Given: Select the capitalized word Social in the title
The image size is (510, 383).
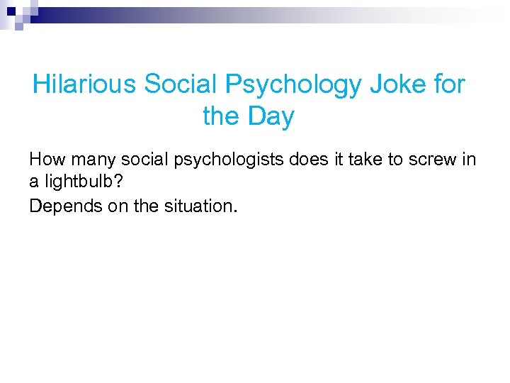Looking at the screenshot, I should (182, 85).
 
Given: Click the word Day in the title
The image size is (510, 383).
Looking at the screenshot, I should (271, 116).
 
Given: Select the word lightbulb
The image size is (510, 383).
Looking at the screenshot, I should (77, 182).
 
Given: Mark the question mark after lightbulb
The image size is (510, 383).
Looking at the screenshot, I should (118, 182).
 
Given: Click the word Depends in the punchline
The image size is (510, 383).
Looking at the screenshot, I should (60, 206).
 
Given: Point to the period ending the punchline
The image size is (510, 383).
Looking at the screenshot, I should (237, 211).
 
